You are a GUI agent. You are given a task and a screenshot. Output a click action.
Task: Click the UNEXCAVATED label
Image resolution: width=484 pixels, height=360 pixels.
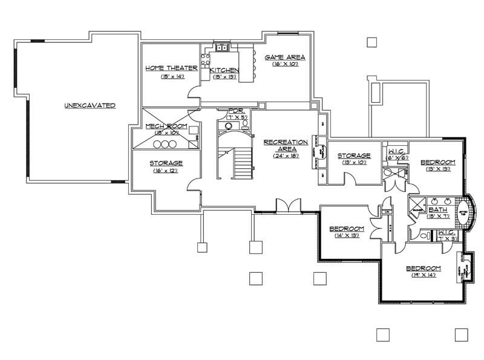(90, 105)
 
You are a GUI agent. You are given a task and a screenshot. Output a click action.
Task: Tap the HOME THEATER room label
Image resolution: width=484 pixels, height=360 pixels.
(171, 68)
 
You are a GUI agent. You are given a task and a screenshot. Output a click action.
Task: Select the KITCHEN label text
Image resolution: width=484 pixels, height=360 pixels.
(224, 71)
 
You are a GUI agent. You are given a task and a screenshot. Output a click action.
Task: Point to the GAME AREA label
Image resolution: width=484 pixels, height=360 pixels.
(285, 57)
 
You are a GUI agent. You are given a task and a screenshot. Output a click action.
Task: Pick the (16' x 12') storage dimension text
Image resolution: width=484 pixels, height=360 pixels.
(166, 171)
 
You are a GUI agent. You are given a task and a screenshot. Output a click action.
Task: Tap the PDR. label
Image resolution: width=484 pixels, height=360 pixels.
(235, 111)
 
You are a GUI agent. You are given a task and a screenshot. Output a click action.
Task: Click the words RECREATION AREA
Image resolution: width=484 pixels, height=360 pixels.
(286, 145)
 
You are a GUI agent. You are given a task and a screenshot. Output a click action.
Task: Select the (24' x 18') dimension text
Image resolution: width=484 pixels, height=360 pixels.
(286, 155)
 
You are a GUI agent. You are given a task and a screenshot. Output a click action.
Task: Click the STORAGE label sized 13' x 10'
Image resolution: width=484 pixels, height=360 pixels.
(354, 155)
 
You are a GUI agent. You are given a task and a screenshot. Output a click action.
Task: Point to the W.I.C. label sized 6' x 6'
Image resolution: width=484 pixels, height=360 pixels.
(397, 151)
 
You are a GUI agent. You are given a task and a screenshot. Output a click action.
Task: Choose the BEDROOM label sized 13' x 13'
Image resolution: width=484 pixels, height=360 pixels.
(437, 162)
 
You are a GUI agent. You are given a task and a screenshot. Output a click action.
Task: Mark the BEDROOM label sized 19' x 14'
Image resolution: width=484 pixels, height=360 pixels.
(423, 268)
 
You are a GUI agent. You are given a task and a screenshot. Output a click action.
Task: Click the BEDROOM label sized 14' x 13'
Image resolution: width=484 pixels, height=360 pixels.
(347, 228)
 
